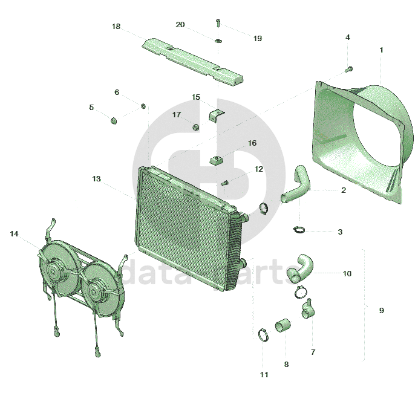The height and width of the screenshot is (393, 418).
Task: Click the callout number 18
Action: click(x=116, y=27)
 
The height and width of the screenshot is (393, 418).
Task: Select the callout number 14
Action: click(x=14, y=233)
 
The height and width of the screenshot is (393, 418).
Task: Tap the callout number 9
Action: click(x=382, y=310)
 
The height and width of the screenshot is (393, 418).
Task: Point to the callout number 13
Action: click(x=96, y=178)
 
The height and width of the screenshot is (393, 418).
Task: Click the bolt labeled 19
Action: click(x=218, y=23)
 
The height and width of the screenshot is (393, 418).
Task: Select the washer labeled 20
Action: click(x=218, y=41)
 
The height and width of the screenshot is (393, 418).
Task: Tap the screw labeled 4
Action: click(x=348, y=69)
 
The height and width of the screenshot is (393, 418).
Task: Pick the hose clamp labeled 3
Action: click(x=299, y=229)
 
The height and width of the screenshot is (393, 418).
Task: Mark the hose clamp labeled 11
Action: click(x=263, y=334)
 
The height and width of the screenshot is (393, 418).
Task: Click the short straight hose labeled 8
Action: click(x=282, y=325)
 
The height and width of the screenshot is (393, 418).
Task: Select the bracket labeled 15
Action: click(x=216, y=115)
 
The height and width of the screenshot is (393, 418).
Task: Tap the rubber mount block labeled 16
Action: click(x=216, y=161)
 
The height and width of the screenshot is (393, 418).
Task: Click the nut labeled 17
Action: click(x=195, y=127)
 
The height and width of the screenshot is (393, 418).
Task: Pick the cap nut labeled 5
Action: click(x=114, y=121)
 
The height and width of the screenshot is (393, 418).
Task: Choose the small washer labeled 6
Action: click(x=143, y=106)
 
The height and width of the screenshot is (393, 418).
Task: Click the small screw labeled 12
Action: click(x=225, y=183)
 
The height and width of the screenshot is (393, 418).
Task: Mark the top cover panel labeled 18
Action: click(x=192, y=62)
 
